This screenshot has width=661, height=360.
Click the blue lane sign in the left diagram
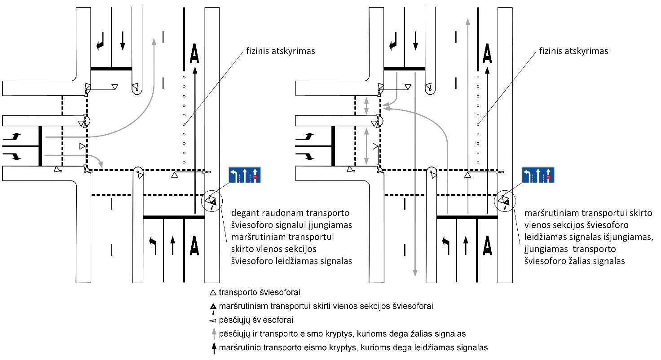(x=245, y=175)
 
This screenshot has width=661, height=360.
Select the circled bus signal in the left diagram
(x=212, y=201)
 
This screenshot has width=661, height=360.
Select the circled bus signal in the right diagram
(x=505, y=201)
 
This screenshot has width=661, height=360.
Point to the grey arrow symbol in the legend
(x=213, y=334)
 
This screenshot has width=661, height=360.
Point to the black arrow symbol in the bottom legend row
(x=213, y=347)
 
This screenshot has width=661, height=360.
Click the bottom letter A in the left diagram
(x=194, y=245)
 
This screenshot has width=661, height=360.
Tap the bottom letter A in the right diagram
(x=487, y=245)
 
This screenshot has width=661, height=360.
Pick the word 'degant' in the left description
(x=243, y=213)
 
